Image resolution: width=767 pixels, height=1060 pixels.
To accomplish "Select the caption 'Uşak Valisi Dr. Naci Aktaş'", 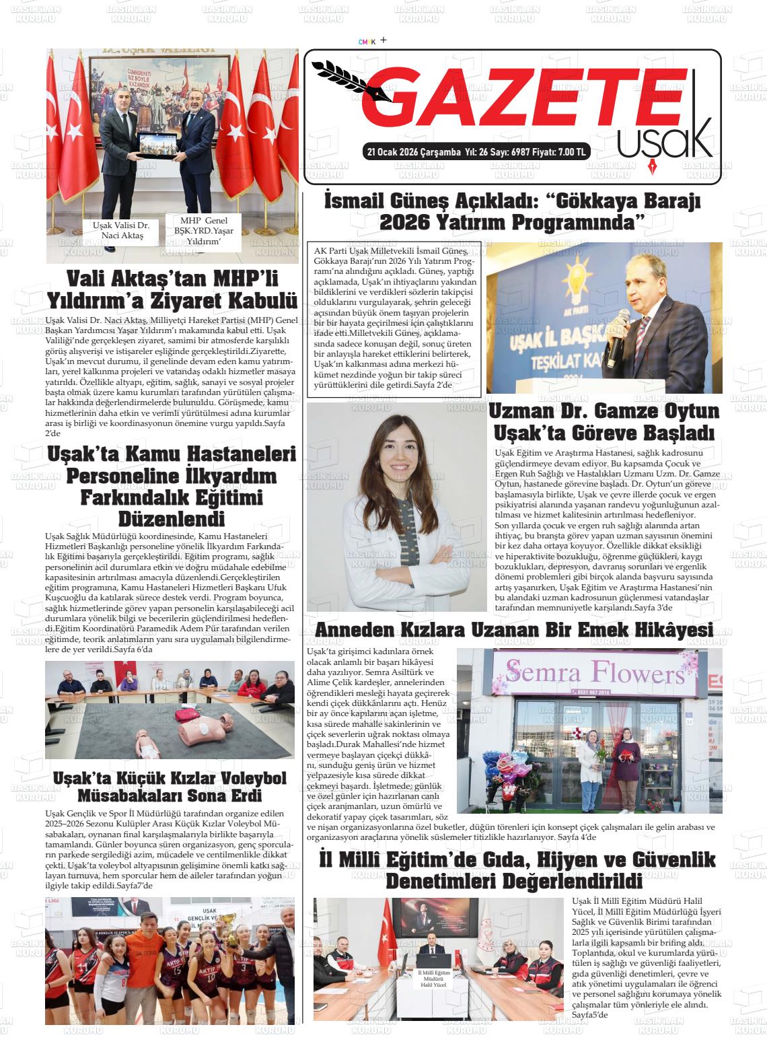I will tap(121, 230).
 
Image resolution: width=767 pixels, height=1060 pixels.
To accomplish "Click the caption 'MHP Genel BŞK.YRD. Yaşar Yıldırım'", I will tap(204, 231).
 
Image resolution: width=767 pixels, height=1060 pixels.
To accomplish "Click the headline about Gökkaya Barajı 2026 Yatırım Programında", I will tap(513, 211).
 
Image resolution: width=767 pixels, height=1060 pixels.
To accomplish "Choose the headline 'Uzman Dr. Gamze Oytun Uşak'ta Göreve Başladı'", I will tap(604, 421).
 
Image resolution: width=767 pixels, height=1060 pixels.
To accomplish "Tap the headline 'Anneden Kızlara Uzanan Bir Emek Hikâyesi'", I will tap(514, 630).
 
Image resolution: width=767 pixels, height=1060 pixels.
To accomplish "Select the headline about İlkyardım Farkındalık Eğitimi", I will tap(172, 487).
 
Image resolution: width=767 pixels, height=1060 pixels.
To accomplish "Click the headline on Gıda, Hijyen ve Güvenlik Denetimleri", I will tap(517, 870).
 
